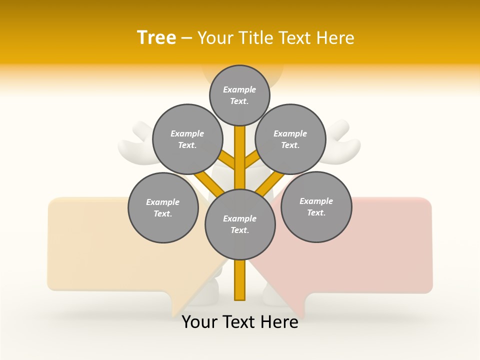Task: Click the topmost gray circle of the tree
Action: [239, 95]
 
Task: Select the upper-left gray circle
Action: [187, 139]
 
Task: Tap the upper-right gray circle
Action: [290, 139]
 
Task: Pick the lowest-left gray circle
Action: [163, 207]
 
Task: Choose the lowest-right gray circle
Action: [316, 206]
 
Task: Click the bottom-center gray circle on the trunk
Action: [240, 224]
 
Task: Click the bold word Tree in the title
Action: [156, 37]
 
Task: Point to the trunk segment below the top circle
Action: [240, 150]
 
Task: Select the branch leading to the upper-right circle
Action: [252, 160]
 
